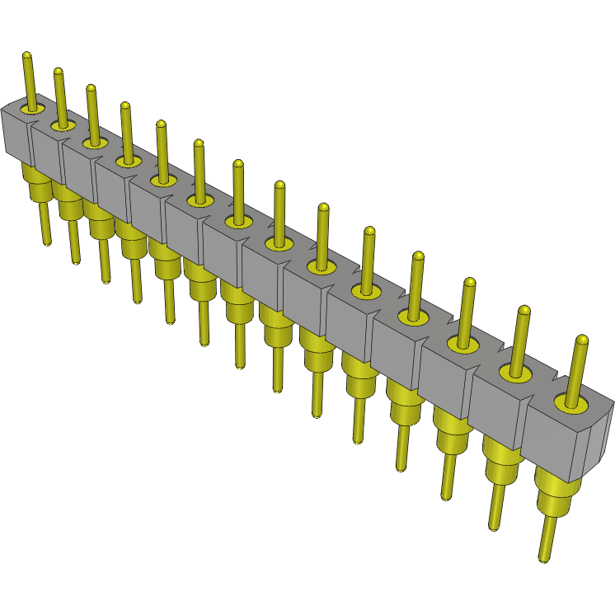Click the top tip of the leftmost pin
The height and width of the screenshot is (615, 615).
[x=26, y=56]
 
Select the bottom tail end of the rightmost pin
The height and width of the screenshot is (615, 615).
[x=544, y=559]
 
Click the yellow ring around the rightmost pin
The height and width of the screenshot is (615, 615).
[x=571, y=403]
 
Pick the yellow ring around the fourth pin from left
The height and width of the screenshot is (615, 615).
[x=126, y=161]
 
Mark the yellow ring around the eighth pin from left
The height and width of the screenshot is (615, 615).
[x=278, y=243]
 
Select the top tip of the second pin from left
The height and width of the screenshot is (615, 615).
[x=59, y=72]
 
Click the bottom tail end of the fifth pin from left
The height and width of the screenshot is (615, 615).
[x=170, y=320]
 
